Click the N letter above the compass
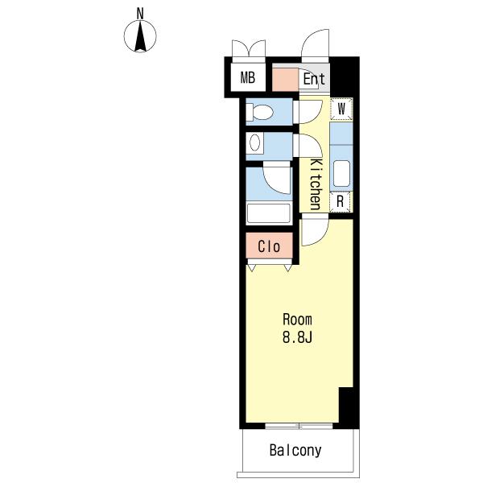pyautogui.click(x=140, y=14)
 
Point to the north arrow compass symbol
pyautogui.click(x=140, y=36)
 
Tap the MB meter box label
pyautogui.click(x=248, y=77)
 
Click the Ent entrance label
pyautogui.click(x=314, y=79)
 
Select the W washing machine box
pyautogui.click(x=341, y=109)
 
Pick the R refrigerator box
pyautogui.click(x=340, y=202)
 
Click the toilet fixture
pyautogui.click(x=259, y=112)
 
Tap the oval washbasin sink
pyautogui.click(x=254, y=143)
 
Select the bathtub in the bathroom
pyautogui.click(x=269, y=213)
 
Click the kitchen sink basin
pyautogui.click(x=341, y=173)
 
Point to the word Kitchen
pyautogui.click(x=315, y=184)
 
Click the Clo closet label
pyautogui.click(x=269, y=246)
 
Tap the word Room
pyautogui.click(x=297, y=320)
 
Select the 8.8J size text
pyautogui.click(x=297, y=337)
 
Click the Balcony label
pyautogui.click(x=295, y=450)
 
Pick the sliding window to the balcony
pyautogui.click(x=299, y=426)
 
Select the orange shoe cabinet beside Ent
pyautogui.click(x=285, y=80)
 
